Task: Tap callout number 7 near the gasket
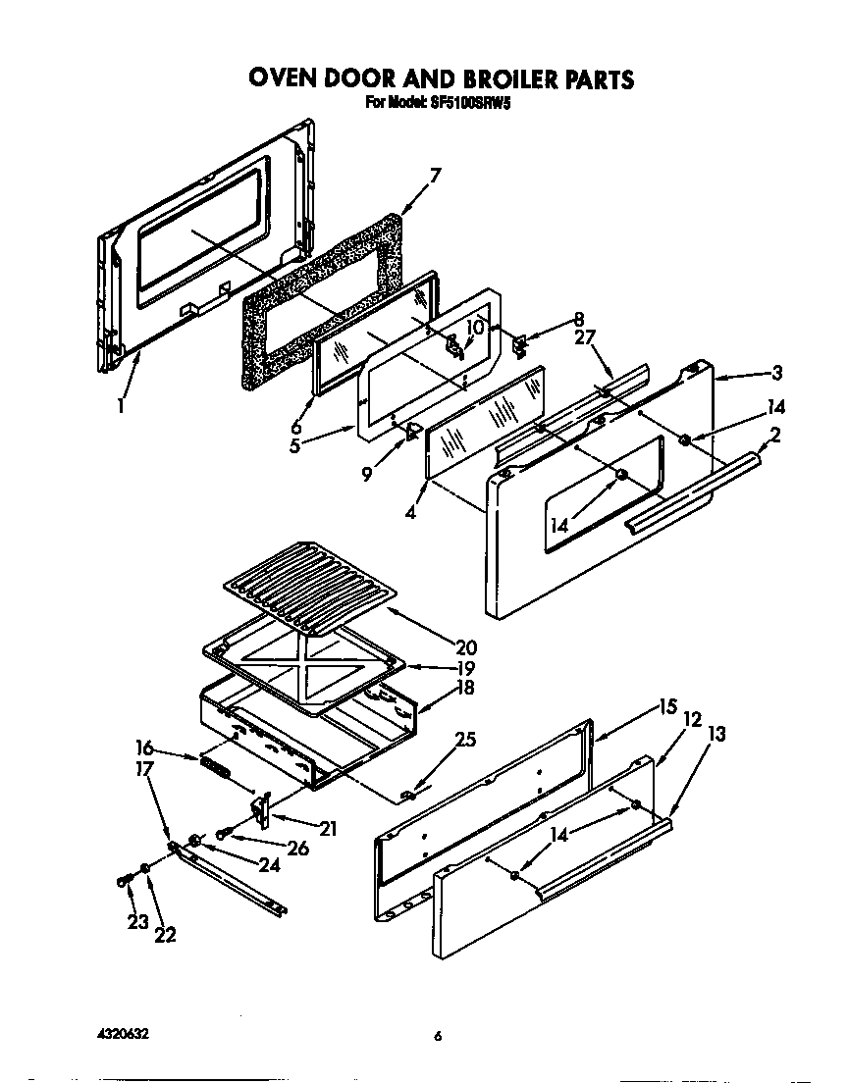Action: (x=436, y=176)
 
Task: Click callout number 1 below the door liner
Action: (x=120, y=404)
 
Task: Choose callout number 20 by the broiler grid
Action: (x=465, y=646)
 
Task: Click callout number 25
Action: (x=465, y=741)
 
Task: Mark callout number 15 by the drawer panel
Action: (x=667, y=705)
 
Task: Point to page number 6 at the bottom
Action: (x=438, y=1036)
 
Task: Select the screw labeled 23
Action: (x=124, y=879)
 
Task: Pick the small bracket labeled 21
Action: (x=261, y=809)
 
